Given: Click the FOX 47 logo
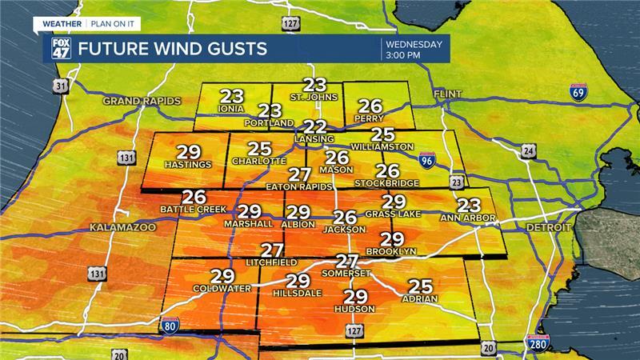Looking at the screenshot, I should pos(61,48).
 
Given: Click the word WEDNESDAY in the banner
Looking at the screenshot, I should pos(415,42).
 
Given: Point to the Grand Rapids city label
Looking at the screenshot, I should pos(142,102).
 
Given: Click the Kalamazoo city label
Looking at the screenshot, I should pos(122,228).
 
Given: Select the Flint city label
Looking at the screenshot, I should pos(448,94).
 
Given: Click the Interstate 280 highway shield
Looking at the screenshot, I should pos(539,344).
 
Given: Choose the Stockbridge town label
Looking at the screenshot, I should pos(388,182).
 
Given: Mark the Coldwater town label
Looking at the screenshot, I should pos(222,288).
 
